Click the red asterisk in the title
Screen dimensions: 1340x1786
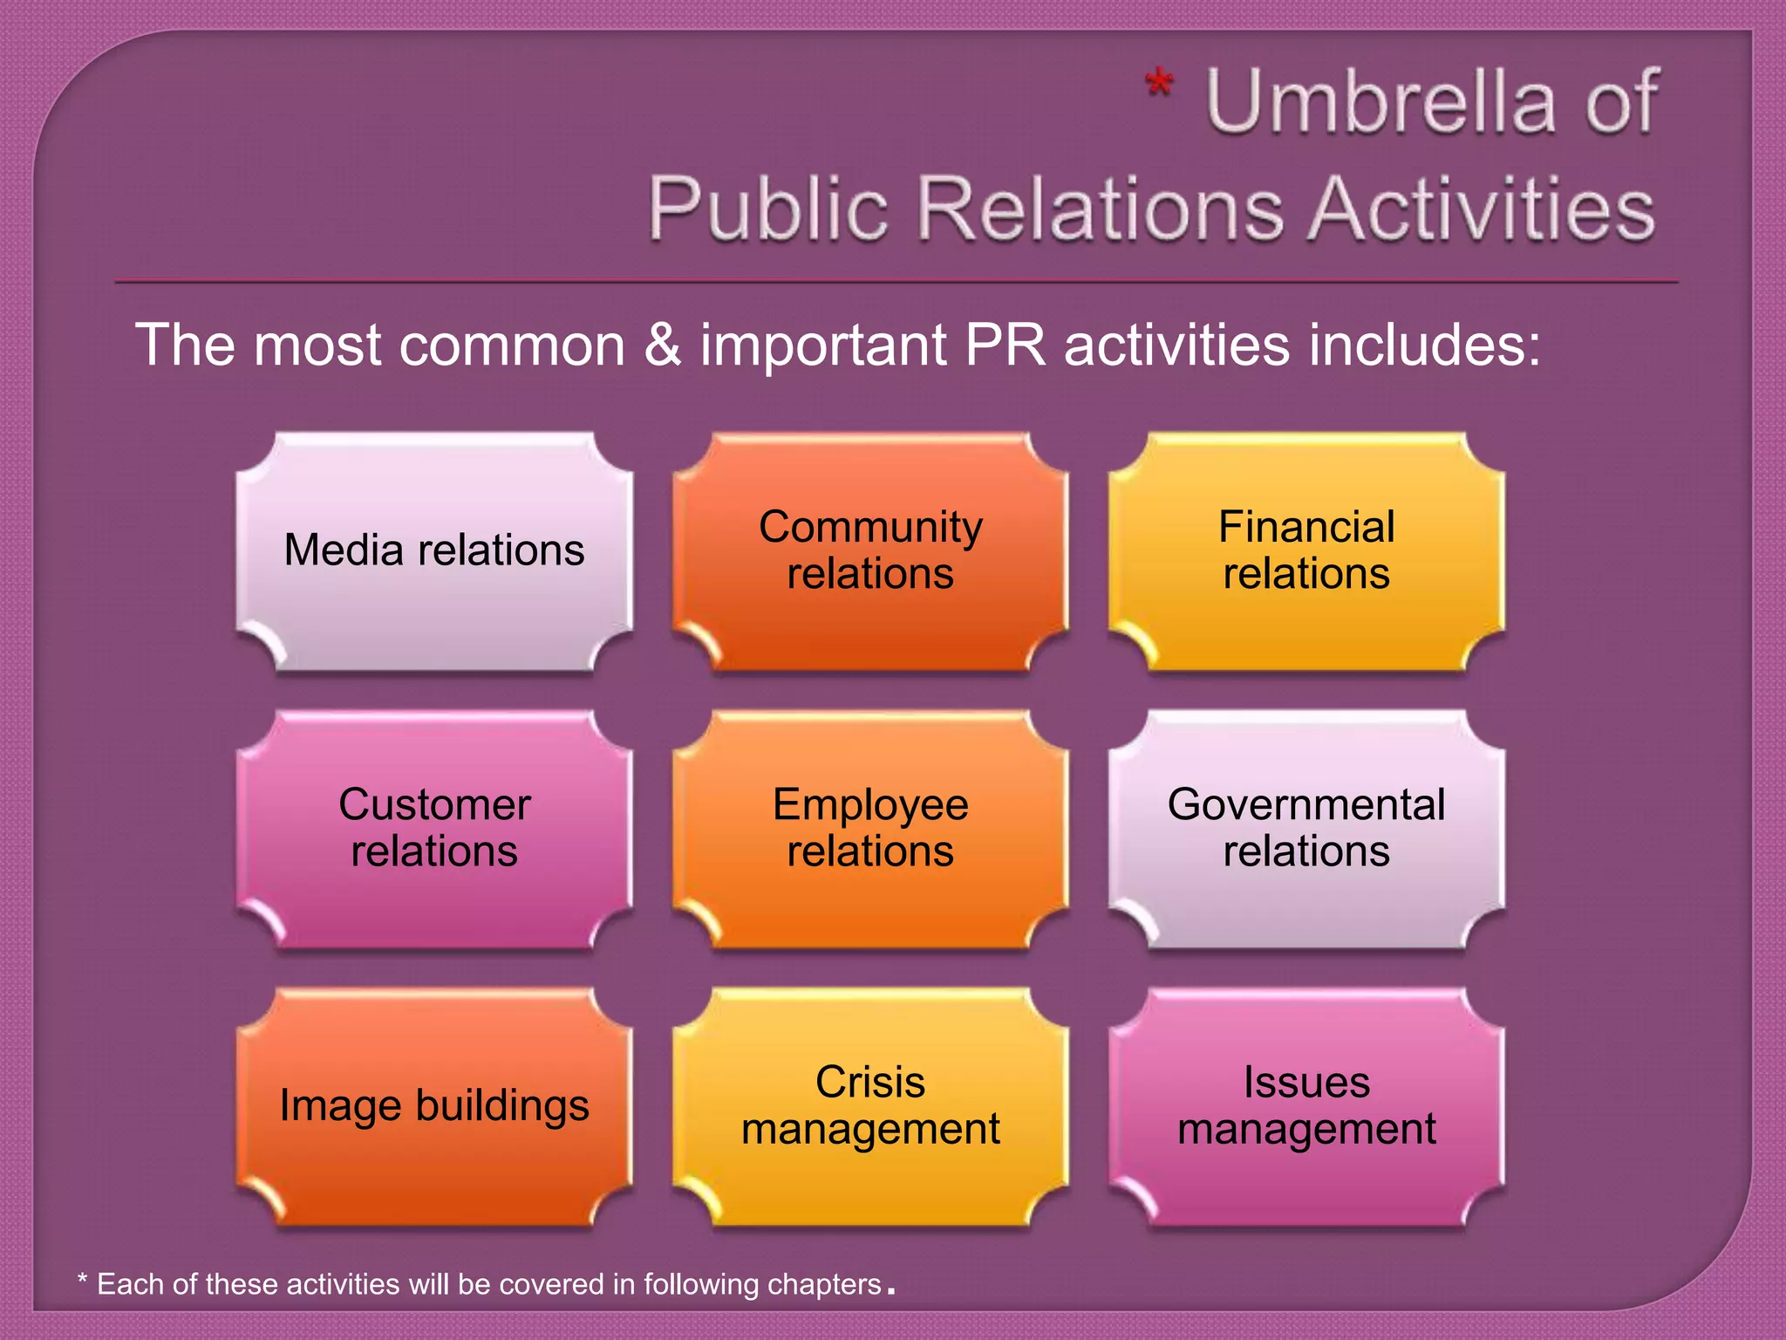pos(1159,87)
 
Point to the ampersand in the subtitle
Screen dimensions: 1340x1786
pos(662,344)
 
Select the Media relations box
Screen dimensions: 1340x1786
pos(434,551)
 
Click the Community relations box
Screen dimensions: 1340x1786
pos(870,551)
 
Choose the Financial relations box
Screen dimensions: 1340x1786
pos(1306,551)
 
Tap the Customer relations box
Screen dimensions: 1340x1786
pos(434,829)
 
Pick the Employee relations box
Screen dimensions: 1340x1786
pos(870,829)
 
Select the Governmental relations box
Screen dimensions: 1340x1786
pos(1306,829)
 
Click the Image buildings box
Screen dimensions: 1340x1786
pos(434,1106)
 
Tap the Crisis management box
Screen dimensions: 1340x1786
pos(870,1106)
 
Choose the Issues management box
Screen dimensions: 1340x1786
pos(1306,1106)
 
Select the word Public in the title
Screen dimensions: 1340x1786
pos(768,210)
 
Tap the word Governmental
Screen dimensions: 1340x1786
pos(1306,804)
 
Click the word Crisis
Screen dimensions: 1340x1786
pos(870,1083)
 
